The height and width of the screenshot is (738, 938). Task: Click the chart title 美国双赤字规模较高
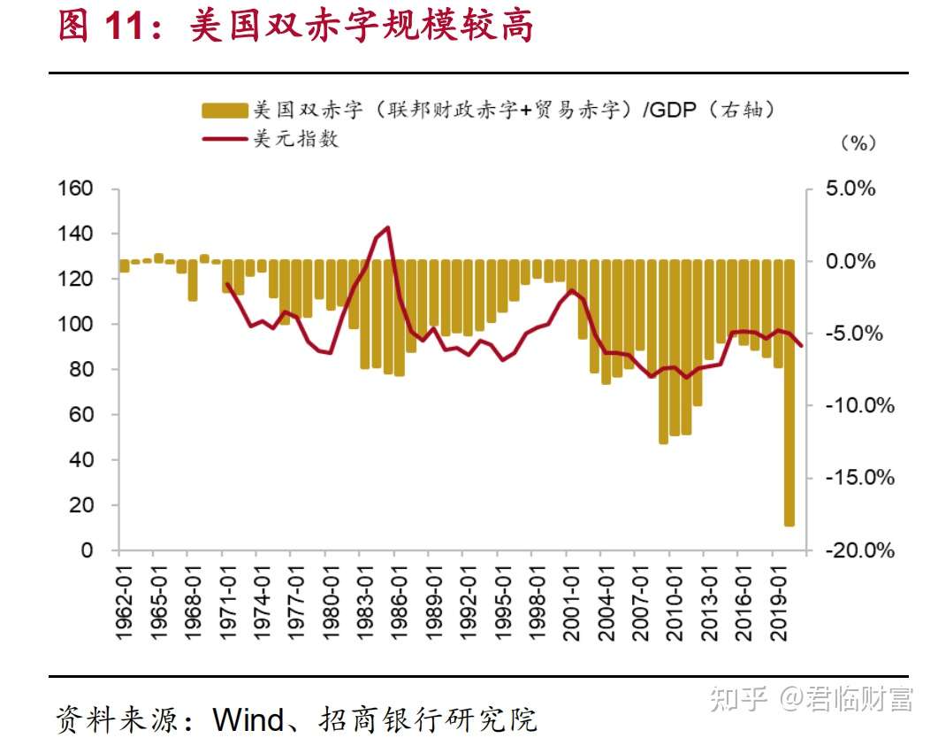pos(362,27)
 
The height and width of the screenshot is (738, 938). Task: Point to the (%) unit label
pos(857,143)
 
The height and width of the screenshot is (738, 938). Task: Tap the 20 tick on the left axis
pos(80,505)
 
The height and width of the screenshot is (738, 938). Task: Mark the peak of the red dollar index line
pos(388,227)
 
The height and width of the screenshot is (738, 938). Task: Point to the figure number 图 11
pos(99,27)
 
